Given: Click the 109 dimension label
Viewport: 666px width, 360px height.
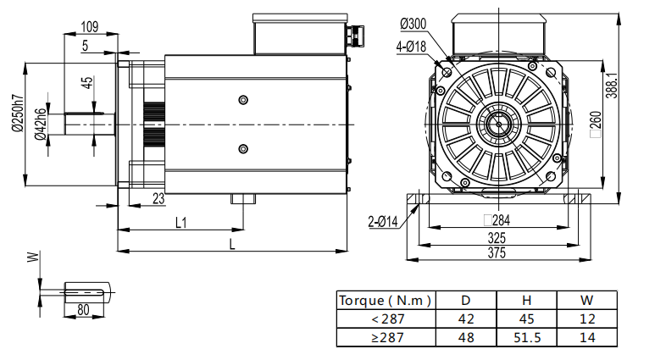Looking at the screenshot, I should [x=88, y=26].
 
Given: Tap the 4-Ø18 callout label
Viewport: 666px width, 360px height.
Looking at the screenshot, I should [x=410, y=47].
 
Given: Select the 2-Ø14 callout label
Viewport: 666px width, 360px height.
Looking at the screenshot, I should [x=383, y=221].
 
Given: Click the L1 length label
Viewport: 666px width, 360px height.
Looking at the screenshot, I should [x=180, y=223].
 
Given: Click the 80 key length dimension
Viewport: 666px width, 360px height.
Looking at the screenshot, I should [x=83, y=310].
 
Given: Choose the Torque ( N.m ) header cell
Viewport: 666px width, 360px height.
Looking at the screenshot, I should [x=386, y=300].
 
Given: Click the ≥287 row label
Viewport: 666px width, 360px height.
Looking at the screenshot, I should [x=386, y=337].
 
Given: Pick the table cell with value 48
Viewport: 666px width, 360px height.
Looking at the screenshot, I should [x=465, y=337].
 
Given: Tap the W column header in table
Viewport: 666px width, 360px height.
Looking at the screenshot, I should [x=586, y=300].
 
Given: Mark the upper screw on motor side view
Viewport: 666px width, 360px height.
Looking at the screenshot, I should [x=244, y=99].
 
